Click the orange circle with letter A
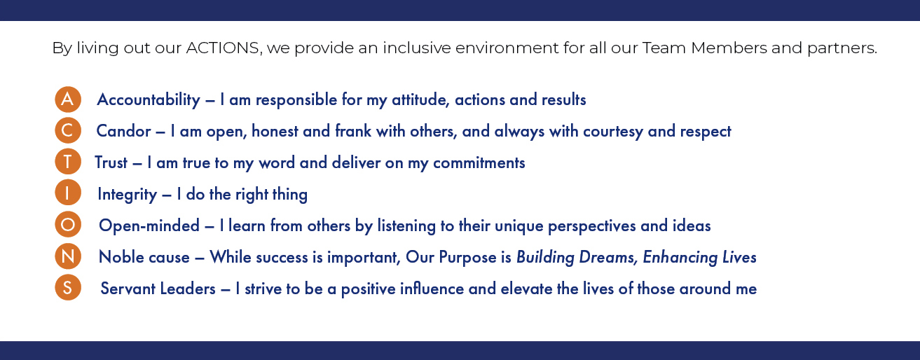[x=68, y=99]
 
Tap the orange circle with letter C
[x=68, y=130]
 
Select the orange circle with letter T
[x=68, y=162]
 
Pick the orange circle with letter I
[x=68, y=193]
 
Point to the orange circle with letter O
[x=68, y=225]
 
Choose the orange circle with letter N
[x=68, y=256]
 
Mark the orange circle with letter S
[x=68, y=287]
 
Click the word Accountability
[x=149, y=100]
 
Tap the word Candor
[x=123, y=131]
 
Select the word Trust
[x=111, y=162]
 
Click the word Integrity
[x=128, y=195]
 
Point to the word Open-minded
[x=149, y=226]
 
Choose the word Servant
[x=128, y=289]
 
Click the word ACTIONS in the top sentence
[x=224, y=48]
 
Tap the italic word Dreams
[x=607, y=257]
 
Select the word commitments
[x=479, y=163]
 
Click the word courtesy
[x=613, y=132]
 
